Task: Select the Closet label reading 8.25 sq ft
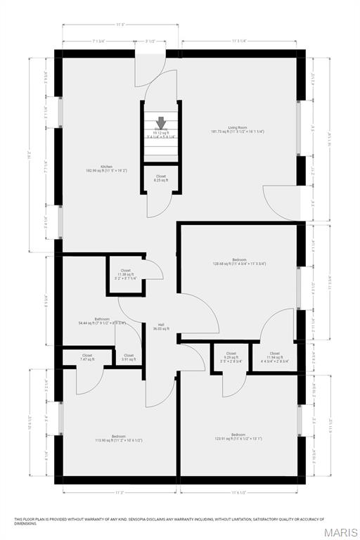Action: [x=161, y=179]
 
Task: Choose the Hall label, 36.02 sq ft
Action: [x=161, y=326]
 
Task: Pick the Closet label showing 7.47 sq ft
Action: [x=87, y=357]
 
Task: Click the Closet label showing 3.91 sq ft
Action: [x=129, y=357]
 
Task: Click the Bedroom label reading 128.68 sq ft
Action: [x=239, y=262]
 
